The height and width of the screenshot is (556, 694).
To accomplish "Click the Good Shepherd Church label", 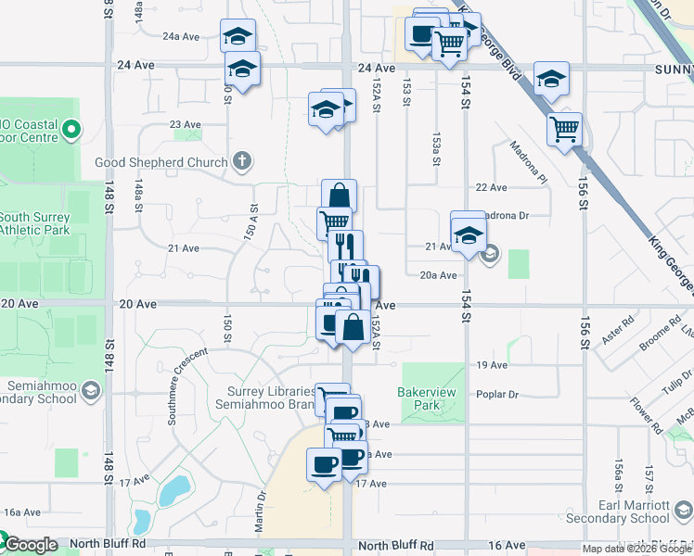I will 161,163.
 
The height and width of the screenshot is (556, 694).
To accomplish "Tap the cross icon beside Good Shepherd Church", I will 242,163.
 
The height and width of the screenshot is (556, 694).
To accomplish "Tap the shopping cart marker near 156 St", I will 564,130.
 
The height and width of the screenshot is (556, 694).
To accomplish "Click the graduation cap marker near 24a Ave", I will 238,37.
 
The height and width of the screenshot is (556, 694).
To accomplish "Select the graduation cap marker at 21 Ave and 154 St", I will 469,232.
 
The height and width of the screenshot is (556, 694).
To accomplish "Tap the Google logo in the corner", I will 30,544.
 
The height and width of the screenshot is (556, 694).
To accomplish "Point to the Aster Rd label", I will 616,330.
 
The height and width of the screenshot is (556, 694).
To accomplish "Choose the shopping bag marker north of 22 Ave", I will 339,196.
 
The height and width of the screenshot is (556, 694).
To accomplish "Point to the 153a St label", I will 435,149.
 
